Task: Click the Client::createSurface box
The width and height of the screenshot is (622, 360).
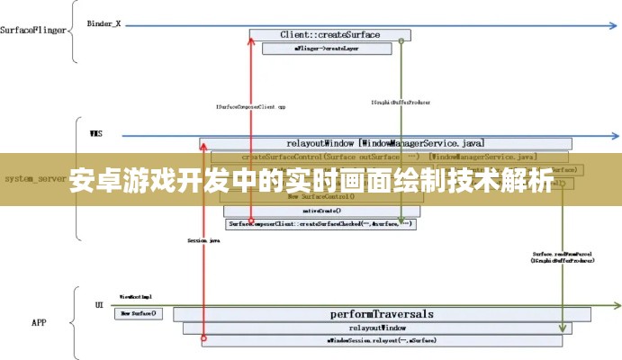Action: pos(329,35)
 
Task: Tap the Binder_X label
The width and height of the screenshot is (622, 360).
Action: pos(104,23)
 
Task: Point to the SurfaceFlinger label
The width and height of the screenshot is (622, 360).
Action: pos(33,30)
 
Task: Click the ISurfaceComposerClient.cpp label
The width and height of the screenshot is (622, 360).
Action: pos(251,105)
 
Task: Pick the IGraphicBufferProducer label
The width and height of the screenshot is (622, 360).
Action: pos(401,103)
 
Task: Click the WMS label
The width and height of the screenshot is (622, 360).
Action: pos(95,134)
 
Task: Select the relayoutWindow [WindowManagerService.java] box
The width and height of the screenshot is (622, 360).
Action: pos(386,143)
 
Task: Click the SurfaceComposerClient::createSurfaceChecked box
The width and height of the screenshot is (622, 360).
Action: pos(320,222)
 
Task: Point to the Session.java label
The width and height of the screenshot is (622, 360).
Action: pos(204,241)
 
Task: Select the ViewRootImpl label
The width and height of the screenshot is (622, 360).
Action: pos(136,296)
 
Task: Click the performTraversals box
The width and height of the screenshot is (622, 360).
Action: pos(382,314)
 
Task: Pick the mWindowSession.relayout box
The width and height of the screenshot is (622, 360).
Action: pos(369,341)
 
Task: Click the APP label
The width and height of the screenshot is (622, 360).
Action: pos(39,322)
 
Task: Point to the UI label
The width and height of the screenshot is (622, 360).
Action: pos(99,305)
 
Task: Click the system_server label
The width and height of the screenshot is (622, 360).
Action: pos(32,179)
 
